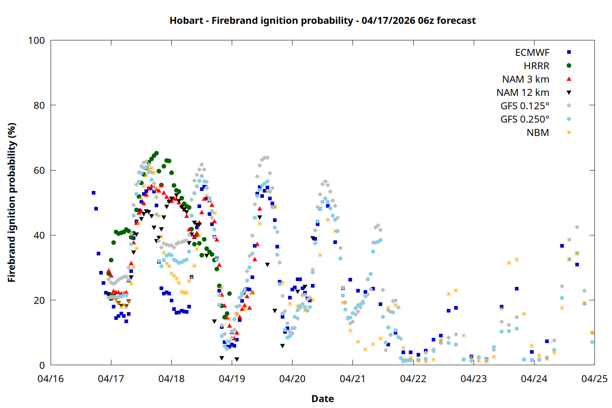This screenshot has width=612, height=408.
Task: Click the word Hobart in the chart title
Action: coord(186,20)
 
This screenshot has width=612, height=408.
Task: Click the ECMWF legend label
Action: coord(532,53)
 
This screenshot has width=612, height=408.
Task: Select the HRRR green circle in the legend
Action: coord(569,66)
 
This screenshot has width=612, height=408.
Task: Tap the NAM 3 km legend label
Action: coord(526,79)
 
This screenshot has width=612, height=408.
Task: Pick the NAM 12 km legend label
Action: coord(523,93)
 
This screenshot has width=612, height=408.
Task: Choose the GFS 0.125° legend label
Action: coord(525,106)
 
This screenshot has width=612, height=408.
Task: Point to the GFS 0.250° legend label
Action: coord(525,119)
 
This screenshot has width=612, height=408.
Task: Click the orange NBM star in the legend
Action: coord(569,133)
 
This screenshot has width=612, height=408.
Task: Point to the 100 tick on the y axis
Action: coord(36,40)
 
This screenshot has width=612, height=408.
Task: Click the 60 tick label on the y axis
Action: coord(39,170)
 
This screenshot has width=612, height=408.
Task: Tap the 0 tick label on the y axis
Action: coord(42,365)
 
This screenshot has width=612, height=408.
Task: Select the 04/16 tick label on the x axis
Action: coord(51,379)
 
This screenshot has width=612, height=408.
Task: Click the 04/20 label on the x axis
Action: coord(292,379)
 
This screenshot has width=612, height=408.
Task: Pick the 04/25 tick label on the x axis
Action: coord(594,379)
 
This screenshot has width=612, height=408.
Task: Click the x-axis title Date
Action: coord(322,399)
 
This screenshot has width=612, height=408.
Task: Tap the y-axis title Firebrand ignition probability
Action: coord(11,202)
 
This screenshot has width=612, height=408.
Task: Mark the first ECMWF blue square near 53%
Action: coord(93,193)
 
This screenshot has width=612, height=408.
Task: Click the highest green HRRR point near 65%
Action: coord(156,153)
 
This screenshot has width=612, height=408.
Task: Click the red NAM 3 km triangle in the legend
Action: coord(569,79)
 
